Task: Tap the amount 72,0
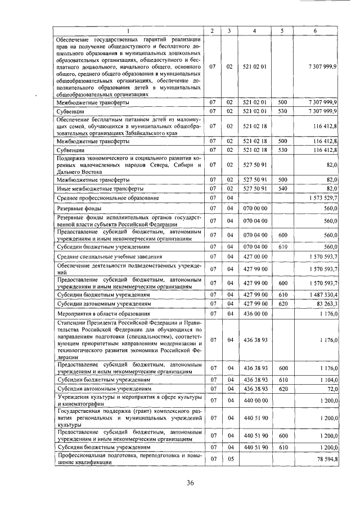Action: (330, 389)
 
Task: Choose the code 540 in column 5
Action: (283, 188)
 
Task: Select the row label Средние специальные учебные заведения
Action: (102, 256)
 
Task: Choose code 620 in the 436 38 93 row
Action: (283, 389)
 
